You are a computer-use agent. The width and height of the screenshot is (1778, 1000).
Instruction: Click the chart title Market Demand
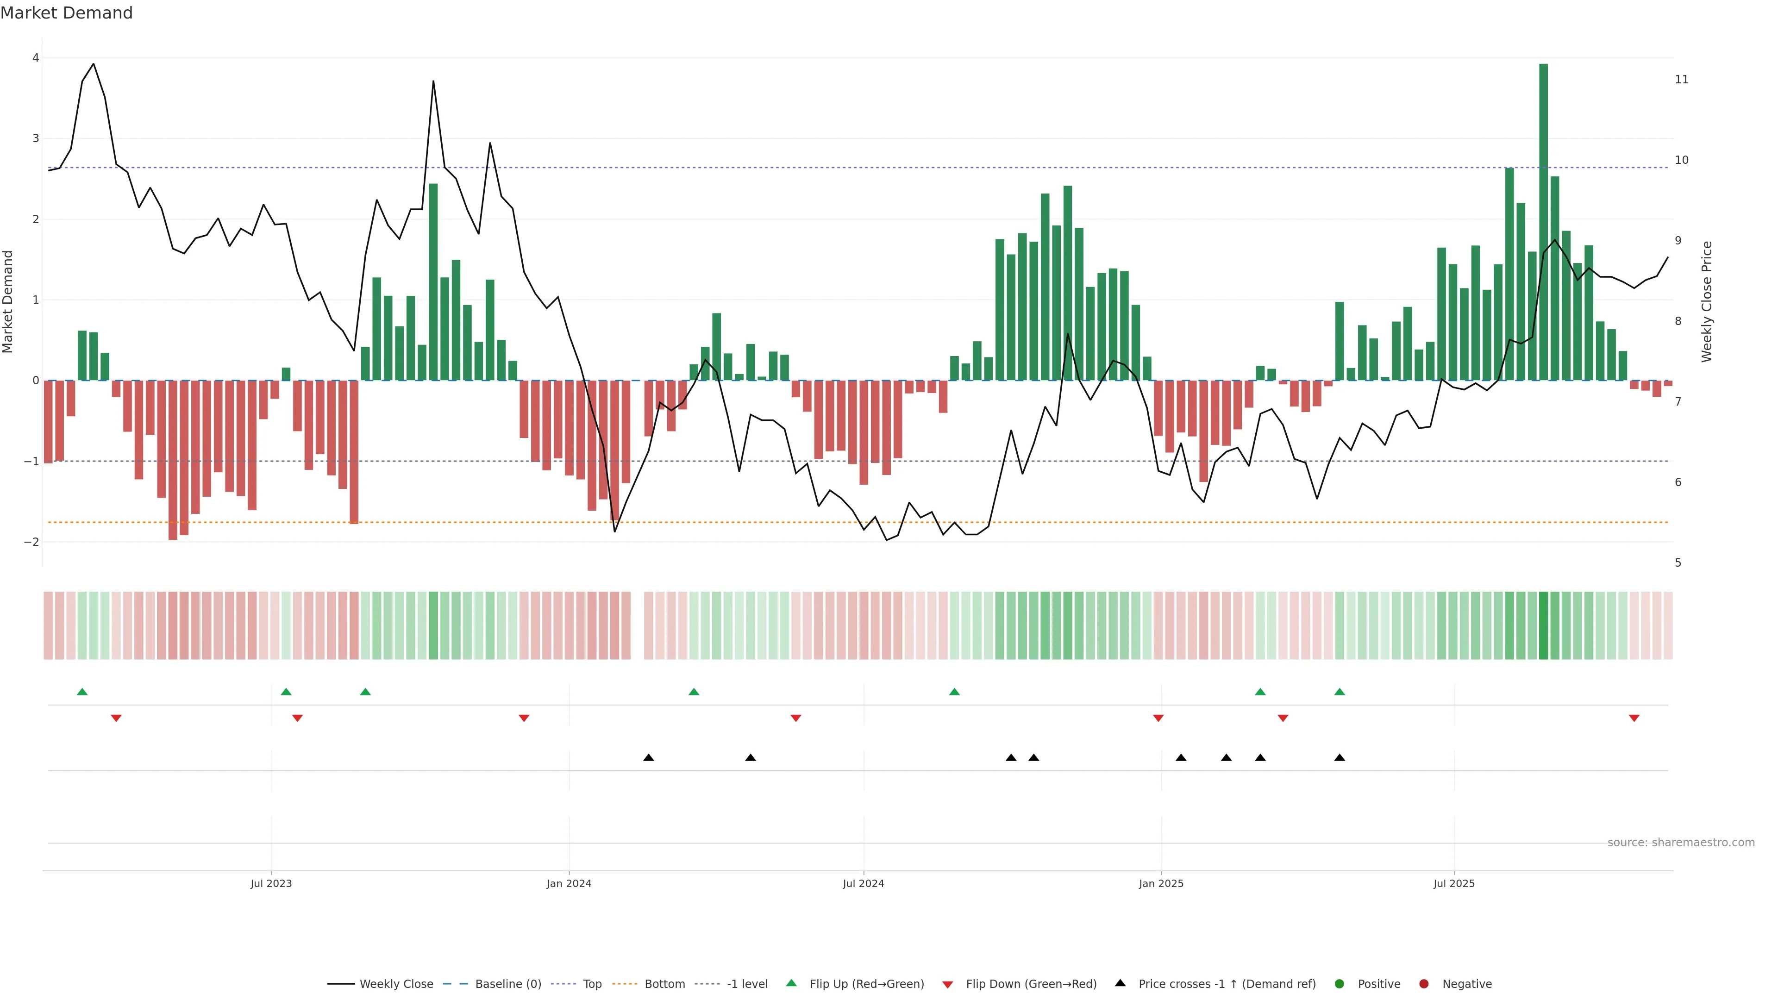(x=66, y=13)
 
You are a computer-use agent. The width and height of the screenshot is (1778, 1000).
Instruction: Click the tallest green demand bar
(x=1543, y=221)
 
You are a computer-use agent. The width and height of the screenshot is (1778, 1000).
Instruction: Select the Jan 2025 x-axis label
(x=1161, y=883)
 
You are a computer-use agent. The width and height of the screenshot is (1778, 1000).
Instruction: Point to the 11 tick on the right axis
(x=1681, y=79)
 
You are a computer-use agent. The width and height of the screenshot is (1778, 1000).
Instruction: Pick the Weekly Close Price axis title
(x=1706, y=301)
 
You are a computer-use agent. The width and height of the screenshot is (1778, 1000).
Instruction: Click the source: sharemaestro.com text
(x=1681, y=843)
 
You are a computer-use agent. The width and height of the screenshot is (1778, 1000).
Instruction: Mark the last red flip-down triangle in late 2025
(x=1634, y=719)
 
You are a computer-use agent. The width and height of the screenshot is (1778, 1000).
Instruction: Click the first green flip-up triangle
(x=82, y=692)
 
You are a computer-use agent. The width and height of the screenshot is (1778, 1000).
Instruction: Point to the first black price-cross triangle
(x=648, y=758)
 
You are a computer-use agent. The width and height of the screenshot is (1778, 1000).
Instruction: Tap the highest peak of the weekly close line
(x=93, y=64)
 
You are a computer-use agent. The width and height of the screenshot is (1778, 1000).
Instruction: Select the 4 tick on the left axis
(x=35, y=58)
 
